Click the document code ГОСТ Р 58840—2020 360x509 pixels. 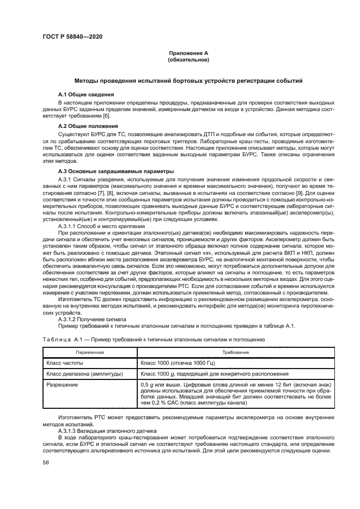pos(72,36)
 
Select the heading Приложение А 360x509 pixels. pos(188,53)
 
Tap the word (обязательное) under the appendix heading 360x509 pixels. pos(188,59)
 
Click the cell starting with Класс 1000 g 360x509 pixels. pos(212,375)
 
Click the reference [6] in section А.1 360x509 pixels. pos(107,116)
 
